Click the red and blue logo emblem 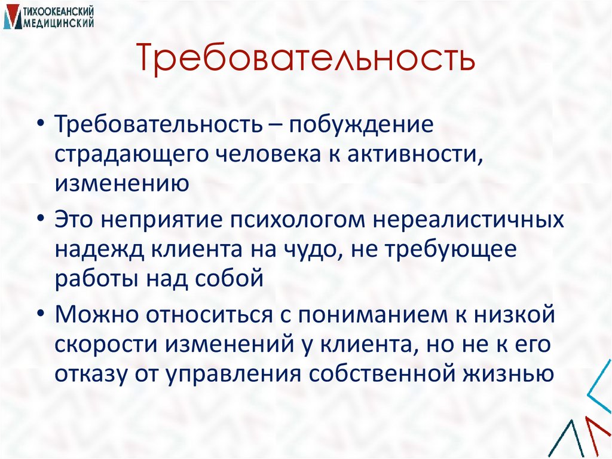pos(11,17)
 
